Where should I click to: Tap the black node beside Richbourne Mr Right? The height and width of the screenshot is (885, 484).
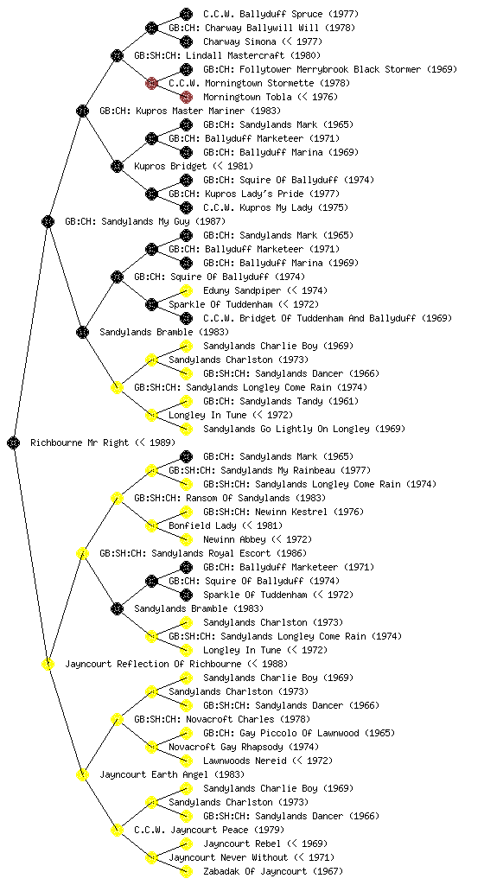coord(14,443)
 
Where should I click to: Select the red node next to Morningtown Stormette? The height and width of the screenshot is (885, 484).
coord(151,84)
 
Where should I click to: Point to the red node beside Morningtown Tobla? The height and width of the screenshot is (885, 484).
coord(186,97)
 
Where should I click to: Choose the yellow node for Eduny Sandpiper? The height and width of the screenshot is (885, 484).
coord(186,290)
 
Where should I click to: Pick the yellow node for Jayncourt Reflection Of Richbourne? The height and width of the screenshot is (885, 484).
coord(48,665)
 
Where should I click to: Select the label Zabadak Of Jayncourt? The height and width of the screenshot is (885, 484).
coord(255,871)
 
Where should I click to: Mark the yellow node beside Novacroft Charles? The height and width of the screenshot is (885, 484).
coord(117,720)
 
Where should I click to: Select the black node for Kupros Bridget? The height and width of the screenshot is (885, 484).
coord(117,167)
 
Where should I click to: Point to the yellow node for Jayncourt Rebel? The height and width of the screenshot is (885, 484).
coord(186,844)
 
